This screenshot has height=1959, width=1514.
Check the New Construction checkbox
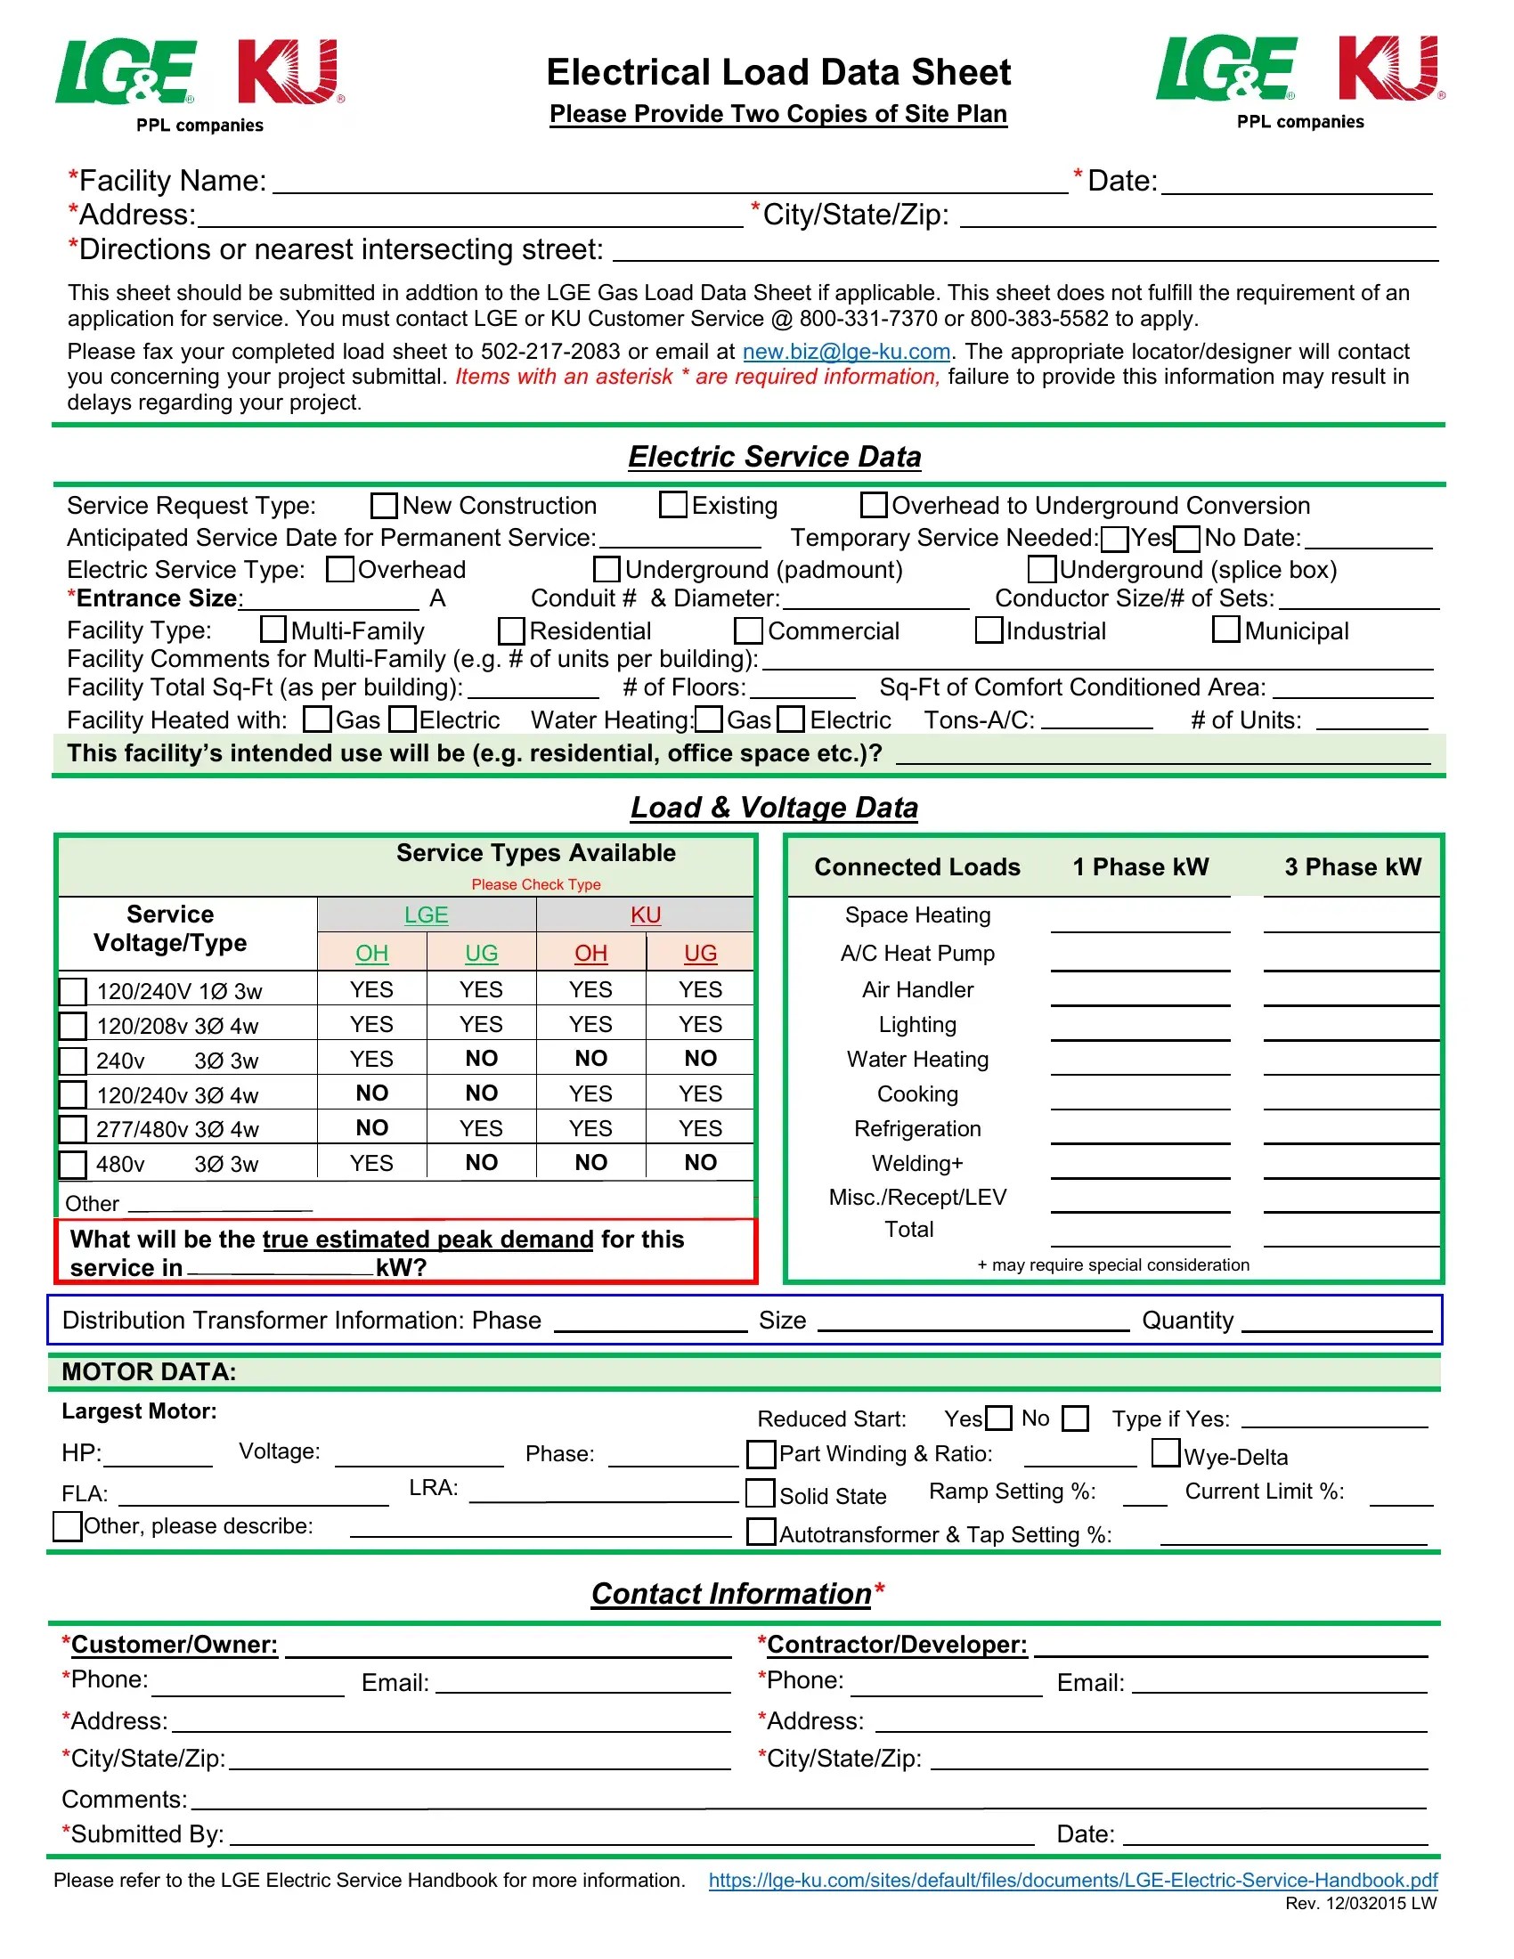[x=384, y=505]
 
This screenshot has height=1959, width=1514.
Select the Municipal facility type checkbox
[x=1226, y=630]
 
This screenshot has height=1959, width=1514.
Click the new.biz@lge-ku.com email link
[x=846, y=352]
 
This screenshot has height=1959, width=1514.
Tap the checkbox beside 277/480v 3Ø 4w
[x=73, y=1129]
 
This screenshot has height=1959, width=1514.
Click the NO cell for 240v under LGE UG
[x=481, y=1059]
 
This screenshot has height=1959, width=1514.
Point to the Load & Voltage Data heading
[x=774, y=808]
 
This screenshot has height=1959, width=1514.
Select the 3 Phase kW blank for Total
[x=1351, y=1235]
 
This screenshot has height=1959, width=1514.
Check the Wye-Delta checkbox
[x=1165, y=1452]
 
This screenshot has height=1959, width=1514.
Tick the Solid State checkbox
[x=761, y=1493]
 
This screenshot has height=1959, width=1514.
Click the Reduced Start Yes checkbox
[x=998, y=1418]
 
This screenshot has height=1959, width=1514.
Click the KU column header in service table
[x=645, y=914]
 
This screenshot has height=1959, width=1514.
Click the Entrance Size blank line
[x=330, y=600]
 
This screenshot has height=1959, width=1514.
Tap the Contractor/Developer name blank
[x=1230, y=1646]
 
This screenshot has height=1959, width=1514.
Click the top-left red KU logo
[x=289, y=72]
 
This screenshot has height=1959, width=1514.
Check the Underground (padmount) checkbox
[x=607, y=569]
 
